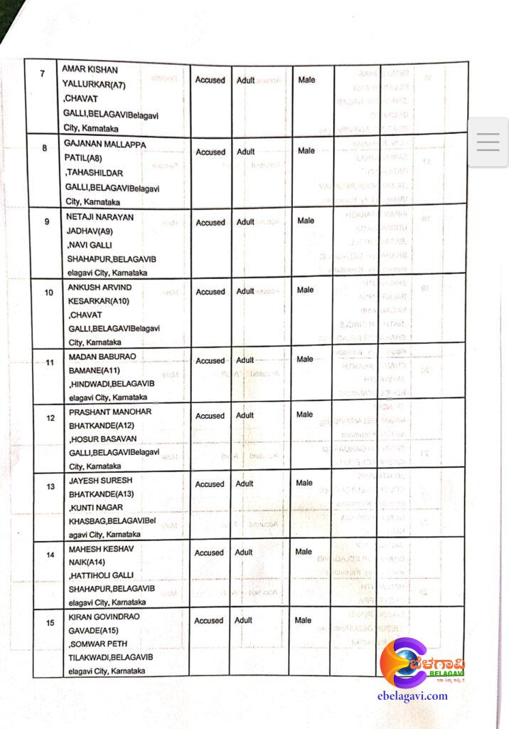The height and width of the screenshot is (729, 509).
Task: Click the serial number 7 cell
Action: [x=42, y=74]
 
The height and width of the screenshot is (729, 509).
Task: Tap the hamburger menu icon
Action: [x=488, y=142]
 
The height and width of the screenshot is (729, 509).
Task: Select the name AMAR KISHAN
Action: [x=90, y=70]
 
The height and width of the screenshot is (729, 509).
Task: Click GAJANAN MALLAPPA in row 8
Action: [x=105, y=144]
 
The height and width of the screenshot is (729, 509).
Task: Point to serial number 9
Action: [x=46, y=221]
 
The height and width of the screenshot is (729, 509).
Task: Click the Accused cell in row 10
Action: [x=210, y=291]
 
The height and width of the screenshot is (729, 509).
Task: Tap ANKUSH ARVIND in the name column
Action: [x=100, y=287]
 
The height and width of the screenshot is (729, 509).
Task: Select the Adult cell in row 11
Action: [x=245, y=360]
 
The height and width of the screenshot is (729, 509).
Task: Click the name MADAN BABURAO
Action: [x=102, y=356]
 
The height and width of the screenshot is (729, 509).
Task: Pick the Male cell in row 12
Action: [x=305, y=414]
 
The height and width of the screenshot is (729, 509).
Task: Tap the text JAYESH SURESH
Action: [x=100, y=481]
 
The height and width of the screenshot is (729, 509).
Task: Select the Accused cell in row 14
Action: [x=209, y=552]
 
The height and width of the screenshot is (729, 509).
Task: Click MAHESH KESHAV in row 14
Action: [x=100, y=549]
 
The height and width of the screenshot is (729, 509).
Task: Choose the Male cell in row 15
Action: [x=304, y=620]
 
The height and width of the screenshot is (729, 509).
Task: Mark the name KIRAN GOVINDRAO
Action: [x=105, y=617]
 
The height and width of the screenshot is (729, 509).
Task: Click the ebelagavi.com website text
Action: [x=413, y=696]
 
